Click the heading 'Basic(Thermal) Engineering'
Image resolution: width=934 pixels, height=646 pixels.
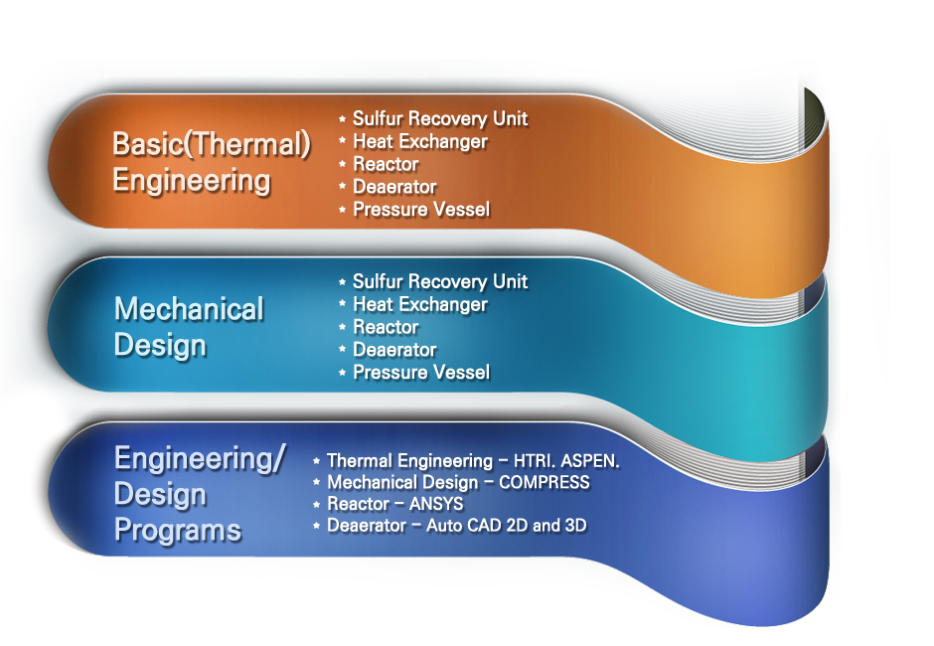tap(211, 162)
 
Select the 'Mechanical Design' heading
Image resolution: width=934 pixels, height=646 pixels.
tap(189, 327)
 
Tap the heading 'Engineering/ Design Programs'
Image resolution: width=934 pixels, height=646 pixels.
tap(199, 494)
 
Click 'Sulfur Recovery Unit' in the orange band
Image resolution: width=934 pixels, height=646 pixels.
tap(439, 119)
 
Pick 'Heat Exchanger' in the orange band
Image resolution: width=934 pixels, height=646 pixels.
tap(419, 142)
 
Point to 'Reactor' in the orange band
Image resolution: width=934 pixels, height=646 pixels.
tap(386, 165)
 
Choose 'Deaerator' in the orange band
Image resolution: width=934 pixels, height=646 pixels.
tap(394, 187)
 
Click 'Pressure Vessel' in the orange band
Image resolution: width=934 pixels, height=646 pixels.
tap(421, 210)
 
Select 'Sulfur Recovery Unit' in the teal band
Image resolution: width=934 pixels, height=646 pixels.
tap(439, 282)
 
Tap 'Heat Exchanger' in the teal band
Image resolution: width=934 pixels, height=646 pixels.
tap(419, 305)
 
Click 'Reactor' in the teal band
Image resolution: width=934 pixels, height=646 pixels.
tap(386, 328)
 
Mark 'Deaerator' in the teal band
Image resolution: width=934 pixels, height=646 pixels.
tap(394, 350)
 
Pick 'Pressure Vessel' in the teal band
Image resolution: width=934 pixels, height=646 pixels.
tap(421, 373)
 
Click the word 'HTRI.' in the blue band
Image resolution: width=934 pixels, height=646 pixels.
tap(538, 461)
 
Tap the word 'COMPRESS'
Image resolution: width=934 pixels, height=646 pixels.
tap(544, 483)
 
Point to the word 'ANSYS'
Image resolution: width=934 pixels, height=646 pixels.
tap(436, 504)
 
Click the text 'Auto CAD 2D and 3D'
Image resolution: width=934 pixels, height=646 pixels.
tap(506, 525)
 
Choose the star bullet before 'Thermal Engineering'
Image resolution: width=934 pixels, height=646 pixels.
tap(316, 461)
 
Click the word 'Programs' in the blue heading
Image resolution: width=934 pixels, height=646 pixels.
tap(177, 530)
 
